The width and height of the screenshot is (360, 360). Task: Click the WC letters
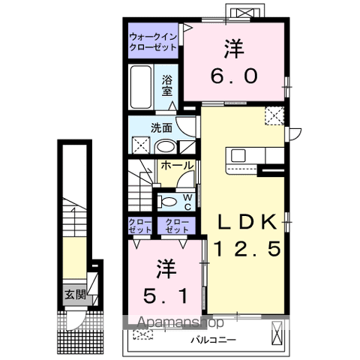187,200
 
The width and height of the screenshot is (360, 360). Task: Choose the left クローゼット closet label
139,226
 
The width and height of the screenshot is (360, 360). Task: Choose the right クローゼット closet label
177,226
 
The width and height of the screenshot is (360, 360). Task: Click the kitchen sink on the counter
239,155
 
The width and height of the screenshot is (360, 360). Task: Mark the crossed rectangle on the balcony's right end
276,331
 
